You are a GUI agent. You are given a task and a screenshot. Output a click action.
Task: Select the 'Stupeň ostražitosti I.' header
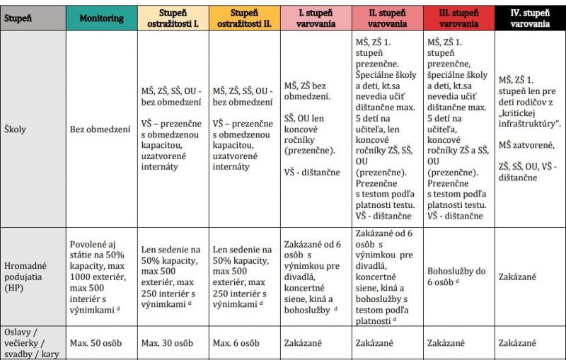(x=171, y=18)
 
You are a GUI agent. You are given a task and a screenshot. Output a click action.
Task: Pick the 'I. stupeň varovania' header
(x=315, y=18)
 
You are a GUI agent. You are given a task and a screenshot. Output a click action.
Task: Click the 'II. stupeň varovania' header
(x=387, y=18)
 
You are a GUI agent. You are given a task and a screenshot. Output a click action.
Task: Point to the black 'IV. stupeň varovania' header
(x=531, y=18)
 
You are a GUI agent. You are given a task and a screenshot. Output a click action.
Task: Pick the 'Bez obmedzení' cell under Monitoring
(x=99, y=130)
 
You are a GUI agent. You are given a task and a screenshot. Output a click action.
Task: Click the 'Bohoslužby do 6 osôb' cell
(x=456, y=277)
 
